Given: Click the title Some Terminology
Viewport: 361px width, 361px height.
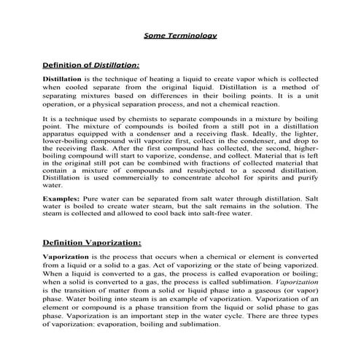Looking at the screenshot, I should [179, 35].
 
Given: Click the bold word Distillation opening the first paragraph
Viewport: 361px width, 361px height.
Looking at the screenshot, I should [62, 77].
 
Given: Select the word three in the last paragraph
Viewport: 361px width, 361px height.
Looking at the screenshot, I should [290, 317].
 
